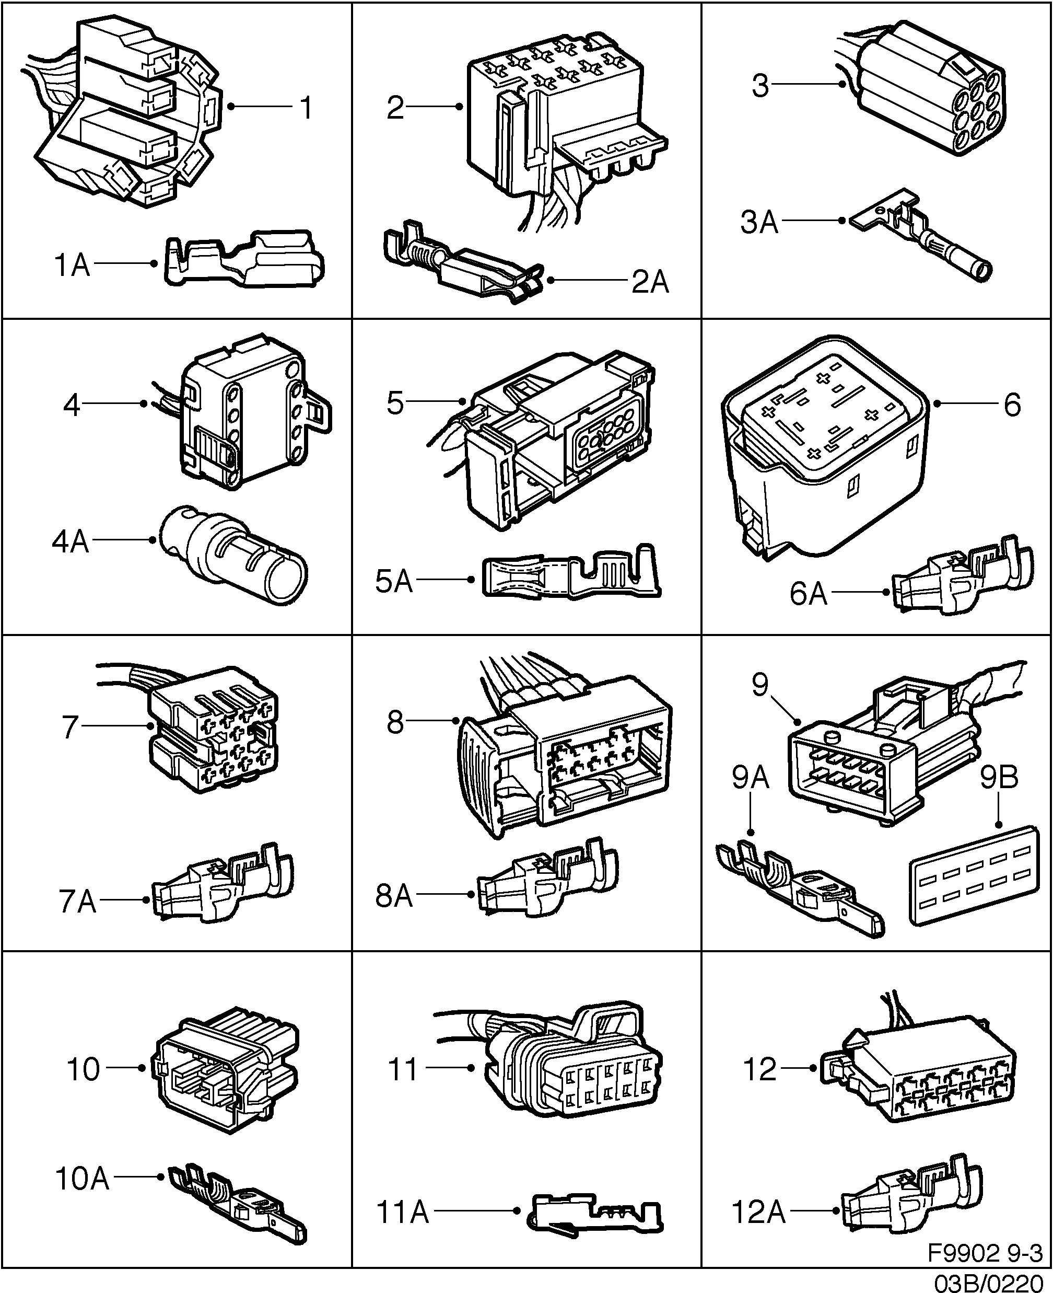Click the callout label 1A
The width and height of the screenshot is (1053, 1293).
(x=72, y=265)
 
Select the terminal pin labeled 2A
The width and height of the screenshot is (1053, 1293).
(x=461, y=267)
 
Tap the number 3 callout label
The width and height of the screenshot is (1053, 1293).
(x=760, y=86)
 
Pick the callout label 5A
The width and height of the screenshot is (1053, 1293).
(x=394, y=581)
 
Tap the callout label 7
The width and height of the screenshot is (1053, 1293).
(x=71, y=727)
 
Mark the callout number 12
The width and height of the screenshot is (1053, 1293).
(x=759, y=1069)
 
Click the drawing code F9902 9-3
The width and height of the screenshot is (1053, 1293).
(x=985, y=1253)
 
